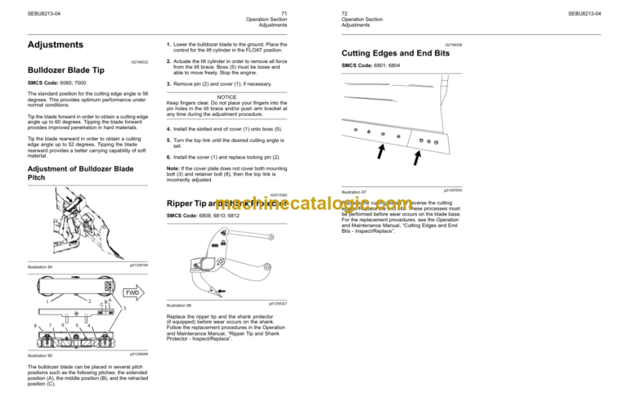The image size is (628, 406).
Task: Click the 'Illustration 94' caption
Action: (x=39, y=266)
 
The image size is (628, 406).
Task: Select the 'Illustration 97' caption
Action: (x=355, y=193)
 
